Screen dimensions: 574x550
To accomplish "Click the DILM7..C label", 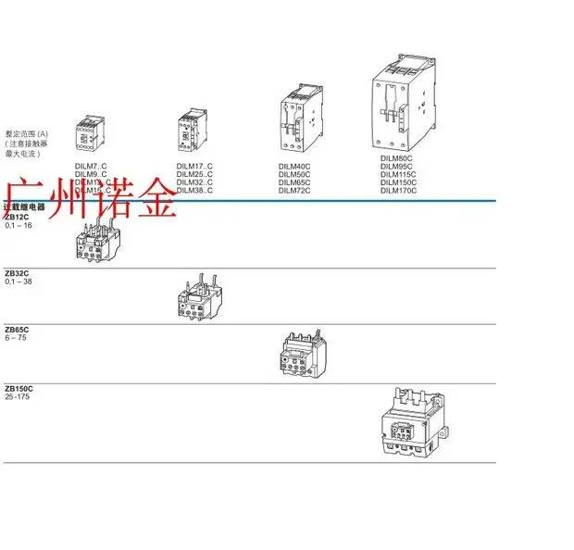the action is (x=91, y=166).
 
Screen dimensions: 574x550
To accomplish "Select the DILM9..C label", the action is (x=91, y=174).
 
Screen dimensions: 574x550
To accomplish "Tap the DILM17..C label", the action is (x=194, y=166).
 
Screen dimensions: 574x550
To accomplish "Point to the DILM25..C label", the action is (x=194, y=174).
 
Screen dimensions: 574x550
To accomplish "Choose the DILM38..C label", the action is (x=194, y=191).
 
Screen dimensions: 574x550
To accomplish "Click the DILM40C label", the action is (x=294, y=166).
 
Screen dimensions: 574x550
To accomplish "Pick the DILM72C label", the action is (x=294, y=191).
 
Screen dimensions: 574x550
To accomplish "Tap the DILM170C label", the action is (x=399, y=191).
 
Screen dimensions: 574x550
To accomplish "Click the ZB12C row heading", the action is (x=17, y=217).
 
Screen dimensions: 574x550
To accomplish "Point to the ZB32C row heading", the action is (x=17, y=273).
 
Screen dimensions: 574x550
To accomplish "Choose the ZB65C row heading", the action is (x=17, y=330).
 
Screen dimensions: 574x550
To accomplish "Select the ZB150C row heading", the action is (x=19, y=388).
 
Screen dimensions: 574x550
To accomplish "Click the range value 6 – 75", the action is (x=16, y=339).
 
